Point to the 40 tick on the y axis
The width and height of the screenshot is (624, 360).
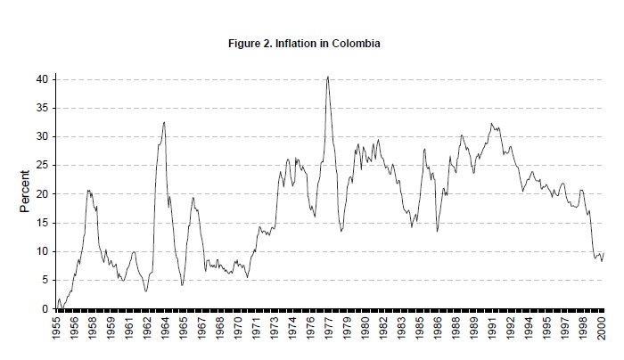pyautogui.click(x=41, y=79)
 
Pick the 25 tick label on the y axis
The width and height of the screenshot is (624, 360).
pyautogui.click(x=41, y=165)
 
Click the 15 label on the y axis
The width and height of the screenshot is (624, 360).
pyautogui.click(x=41, y=223)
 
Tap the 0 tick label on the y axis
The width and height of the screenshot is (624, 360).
pyautogui.click(x=44, y=308)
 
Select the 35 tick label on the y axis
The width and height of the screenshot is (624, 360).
pyautogui.click(x=41, y=108)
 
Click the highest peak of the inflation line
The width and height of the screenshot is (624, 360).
pyautogui.click(x=328, y=77)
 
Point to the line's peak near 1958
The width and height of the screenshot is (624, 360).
pyautogui.click(x=88, y=190)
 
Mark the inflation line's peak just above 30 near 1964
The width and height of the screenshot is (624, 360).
pyautogui.click(x=164, y=122)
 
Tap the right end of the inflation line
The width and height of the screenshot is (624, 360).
pyautogui.click(x=603, y=253)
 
